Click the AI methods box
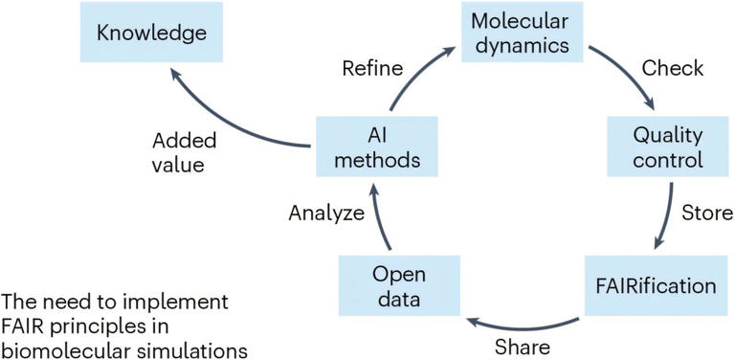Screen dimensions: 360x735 [x=378, y=146]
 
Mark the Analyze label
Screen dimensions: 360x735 [x=325, y=214]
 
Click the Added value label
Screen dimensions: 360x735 [x=184, y=152]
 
